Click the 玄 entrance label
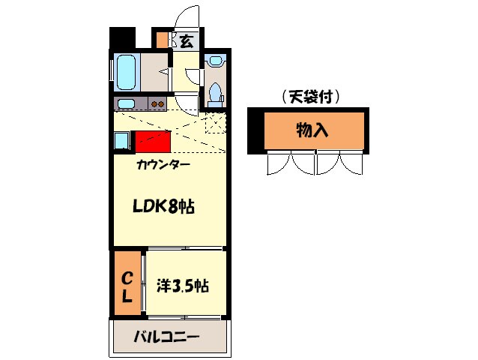tap(186, 40)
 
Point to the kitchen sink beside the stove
tap(127, 103)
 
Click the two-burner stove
tap(158, 103)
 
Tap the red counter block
tap(152, 141)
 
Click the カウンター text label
tap(163, 164)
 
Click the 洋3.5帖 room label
tap(182, 286)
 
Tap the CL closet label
tap(127, 286)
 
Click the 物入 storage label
tap(312, 130)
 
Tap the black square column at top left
tap(121, 38)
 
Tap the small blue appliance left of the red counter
tap(121, 140)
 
